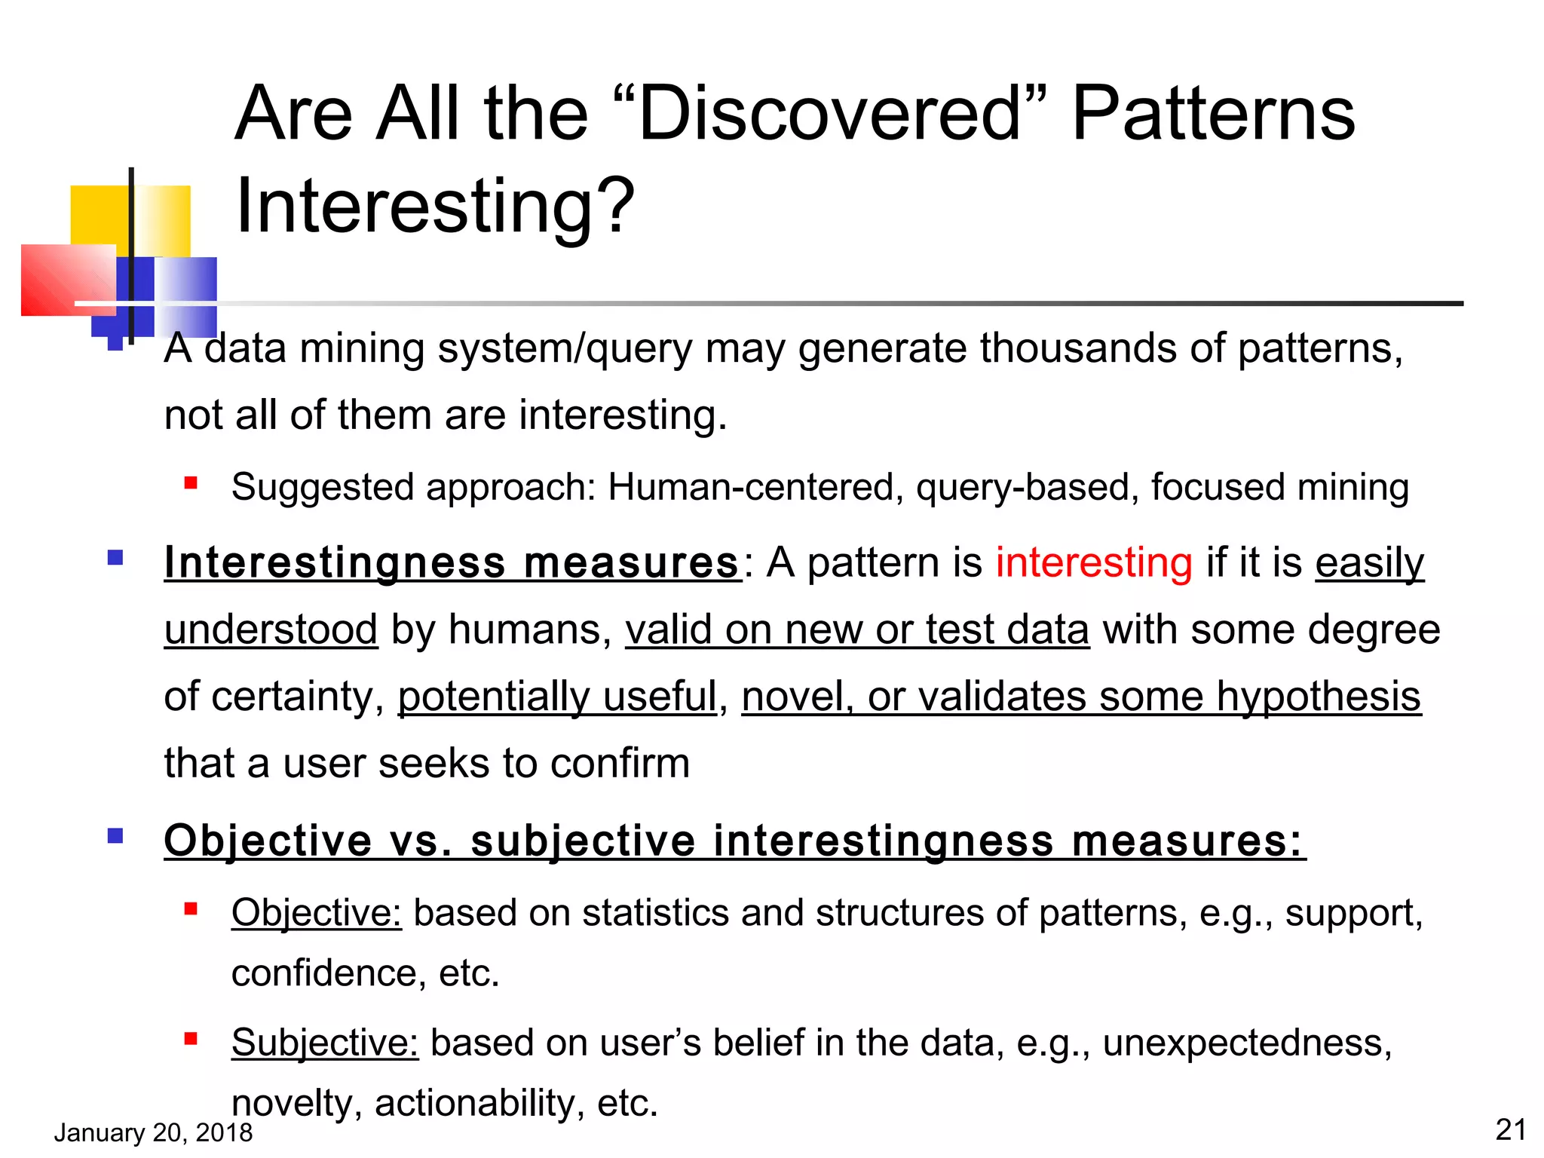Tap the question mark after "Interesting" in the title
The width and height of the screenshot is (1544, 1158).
click(x=617, y=205)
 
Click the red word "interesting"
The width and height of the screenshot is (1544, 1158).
click(x=1094, y=563)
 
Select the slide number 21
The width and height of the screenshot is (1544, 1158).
click(x=1510, y=1129)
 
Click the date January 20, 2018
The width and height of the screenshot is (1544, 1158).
click(x=153, y=1132)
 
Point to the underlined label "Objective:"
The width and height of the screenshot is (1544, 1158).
click(x=317, y=913)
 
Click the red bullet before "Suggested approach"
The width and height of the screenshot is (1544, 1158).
click(x=191, y=482)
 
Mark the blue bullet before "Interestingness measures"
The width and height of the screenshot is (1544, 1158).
click(x=115, y=558)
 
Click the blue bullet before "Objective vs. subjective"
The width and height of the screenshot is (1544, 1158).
click(x=115, y=835)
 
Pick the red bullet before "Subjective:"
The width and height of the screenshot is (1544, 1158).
click(x=191, y=1040)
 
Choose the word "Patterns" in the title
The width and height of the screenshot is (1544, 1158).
click(x=1213, y=115)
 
